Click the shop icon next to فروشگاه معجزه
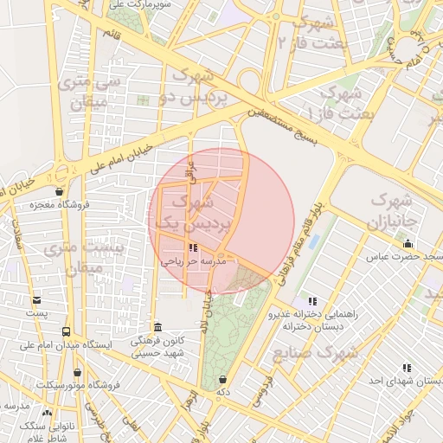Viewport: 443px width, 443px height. coord(59,192)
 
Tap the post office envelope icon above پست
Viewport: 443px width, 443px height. coord(36,300)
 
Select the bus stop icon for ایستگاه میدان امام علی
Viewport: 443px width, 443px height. coord(66,331)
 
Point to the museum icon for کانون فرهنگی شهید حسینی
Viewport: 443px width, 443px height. coord(157,327)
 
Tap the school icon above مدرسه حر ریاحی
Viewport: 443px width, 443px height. coord(192,247)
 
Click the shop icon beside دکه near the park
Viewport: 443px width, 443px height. coord(224,379)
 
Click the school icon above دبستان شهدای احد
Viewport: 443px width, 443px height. coord(408,368)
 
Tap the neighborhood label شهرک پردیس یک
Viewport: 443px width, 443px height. coord(192,212)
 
